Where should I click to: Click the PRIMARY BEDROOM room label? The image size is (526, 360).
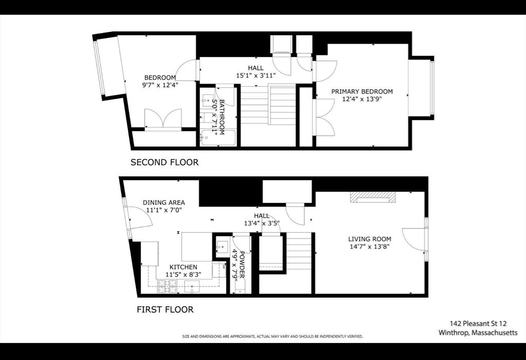coord(362,91)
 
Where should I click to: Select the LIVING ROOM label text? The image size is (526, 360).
coord(369,239)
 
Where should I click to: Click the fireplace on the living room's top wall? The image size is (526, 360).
coord(373,198)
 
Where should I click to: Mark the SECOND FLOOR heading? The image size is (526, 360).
coord(164,162)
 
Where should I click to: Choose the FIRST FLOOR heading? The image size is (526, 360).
coord(165,310)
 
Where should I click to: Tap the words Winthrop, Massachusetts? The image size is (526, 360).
coord(478,333)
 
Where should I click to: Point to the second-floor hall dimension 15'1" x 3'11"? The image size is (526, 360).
coord(256,75)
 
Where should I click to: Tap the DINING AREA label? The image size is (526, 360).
coord(163,202)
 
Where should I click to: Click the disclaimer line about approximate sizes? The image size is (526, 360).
coord(273,336)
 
